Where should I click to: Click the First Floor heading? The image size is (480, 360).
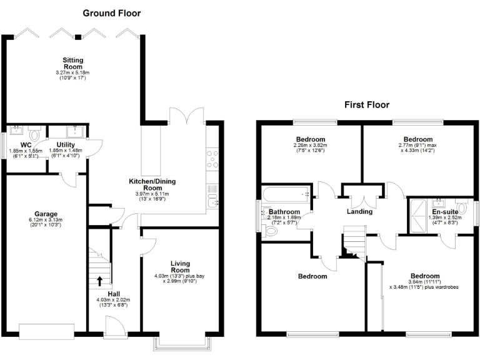[x=366, y=104]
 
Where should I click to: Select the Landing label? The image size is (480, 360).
[x=359, y=211]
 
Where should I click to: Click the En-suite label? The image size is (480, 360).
[x=444, y=212]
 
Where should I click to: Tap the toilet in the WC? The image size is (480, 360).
[x=34, y=133]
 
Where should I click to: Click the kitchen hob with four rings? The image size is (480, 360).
[x=212, y=159]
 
